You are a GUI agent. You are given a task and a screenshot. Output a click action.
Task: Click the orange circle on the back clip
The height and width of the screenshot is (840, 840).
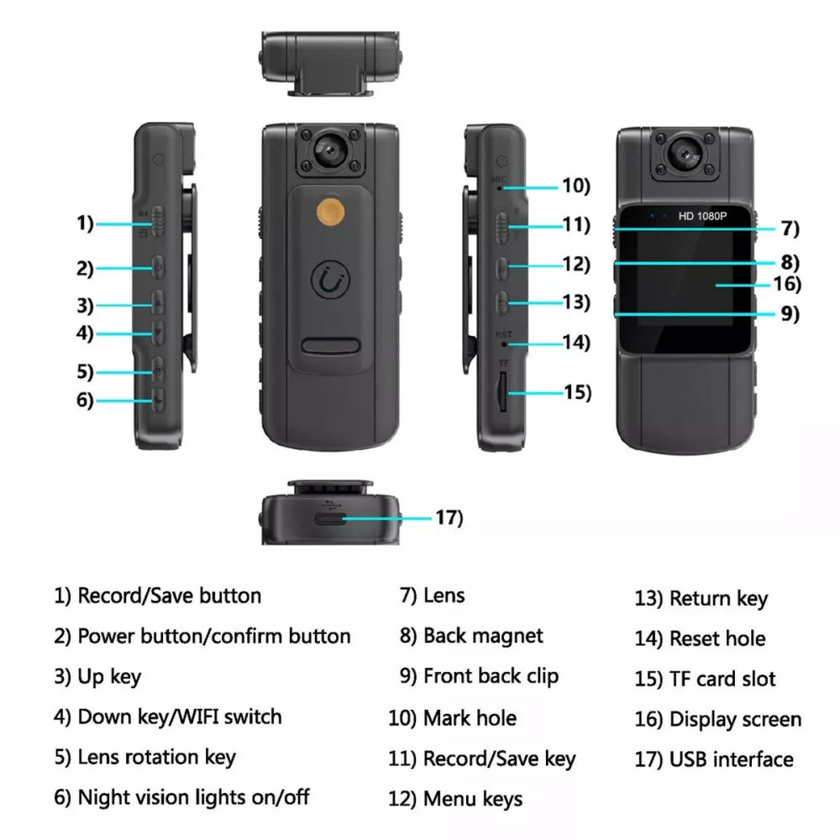click(x=330, y=211)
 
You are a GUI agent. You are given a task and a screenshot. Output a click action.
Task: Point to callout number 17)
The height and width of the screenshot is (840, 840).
click(x=448, y=517)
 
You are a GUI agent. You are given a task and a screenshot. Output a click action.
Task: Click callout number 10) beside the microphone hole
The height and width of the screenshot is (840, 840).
click(x=576, y=186)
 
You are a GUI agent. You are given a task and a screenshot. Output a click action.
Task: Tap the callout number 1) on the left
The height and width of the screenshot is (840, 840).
click(x=83, y=223)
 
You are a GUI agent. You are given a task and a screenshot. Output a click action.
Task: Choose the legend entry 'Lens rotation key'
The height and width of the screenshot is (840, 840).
click(x=144, y=757)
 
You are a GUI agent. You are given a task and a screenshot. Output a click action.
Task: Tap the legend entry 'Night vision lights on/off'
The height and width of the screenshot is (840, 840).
click(x=181, y=797)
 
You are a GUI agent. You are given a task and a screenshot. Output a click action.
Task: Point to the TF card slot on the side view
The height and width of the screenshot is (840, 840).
click(x=502, y=391)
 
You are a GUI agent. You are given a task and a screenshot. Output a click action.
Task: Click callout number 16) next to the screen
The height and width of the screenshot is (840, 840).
click(x=787, y=284)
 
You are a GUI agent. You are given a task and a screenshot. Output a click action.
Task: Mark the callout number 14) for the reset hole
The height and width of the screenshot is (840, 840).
click(x=576, y=343)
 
